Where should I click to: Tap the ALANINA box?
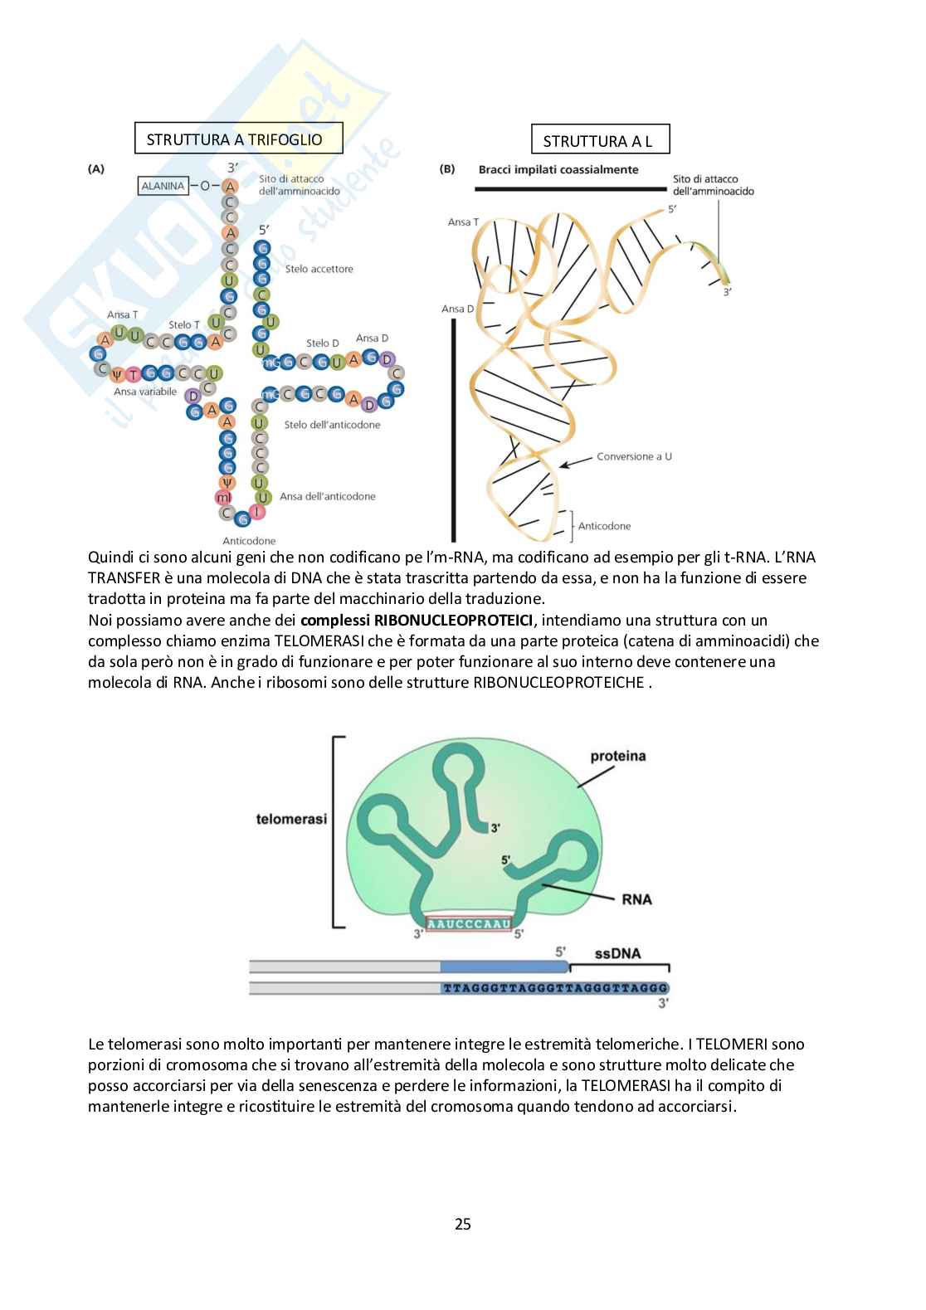coord(163,186)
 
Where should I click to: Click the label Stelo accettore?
coord(319,269)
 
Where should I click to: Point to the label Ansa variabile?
coord(145,392)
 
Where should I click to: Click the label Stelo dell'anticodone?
coord(332,425)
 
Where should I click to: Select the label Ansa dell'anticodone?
coord(327,496)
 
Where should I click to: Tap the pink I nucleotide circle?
coord(258,512)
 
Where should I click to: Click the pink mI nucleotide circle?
coord(224,498)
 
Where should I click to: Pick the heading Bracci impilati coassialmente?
coord(558,169)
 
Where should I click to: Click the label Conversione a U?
coord(634,456)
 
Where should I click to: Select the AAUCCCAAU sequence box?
coord(469,923)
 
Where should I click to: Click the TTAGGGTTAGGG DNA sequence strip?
coord(554,988)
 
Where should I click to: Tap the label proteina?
coord(617,756)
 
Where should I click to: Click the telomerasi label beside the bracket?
coord(291,819)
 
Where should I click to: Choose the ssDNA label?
coord(617,953)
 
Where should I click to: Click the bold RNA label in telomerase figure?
coord(636,899)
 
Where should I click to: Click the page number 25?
coord(463,1224)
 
